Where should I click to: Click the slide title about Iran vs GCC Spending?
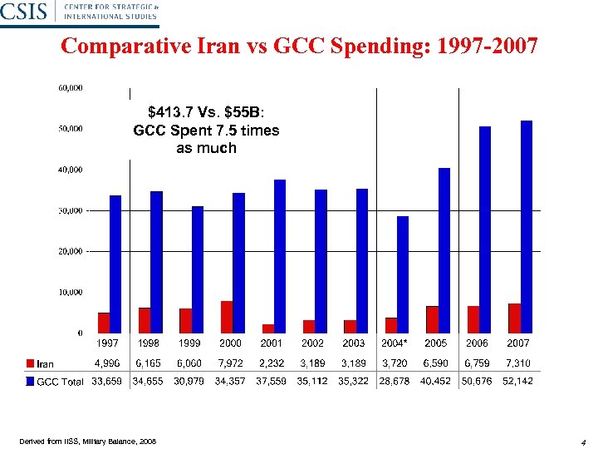[299, 47]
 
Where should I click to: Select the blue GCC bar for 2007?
[527, 226]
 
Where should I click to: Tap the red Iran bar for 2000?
[227, 317]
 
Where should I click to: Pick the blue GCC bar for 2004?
[403, 274]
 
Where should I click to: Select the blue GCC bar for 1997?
[115, 264]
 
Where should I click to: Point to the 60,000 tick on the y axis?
[71, 87]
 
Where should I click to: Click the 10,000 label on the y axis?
[71, 292]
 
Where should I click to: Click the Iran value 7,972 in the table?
[230, 363]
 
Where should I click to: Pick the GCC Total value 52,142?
[517, 381]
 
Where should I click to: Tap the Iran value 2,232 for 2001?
[272, 363]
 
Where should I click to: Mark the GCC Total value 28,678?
[395, 381]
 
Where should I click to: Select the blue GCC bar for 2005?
[444, 250]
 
